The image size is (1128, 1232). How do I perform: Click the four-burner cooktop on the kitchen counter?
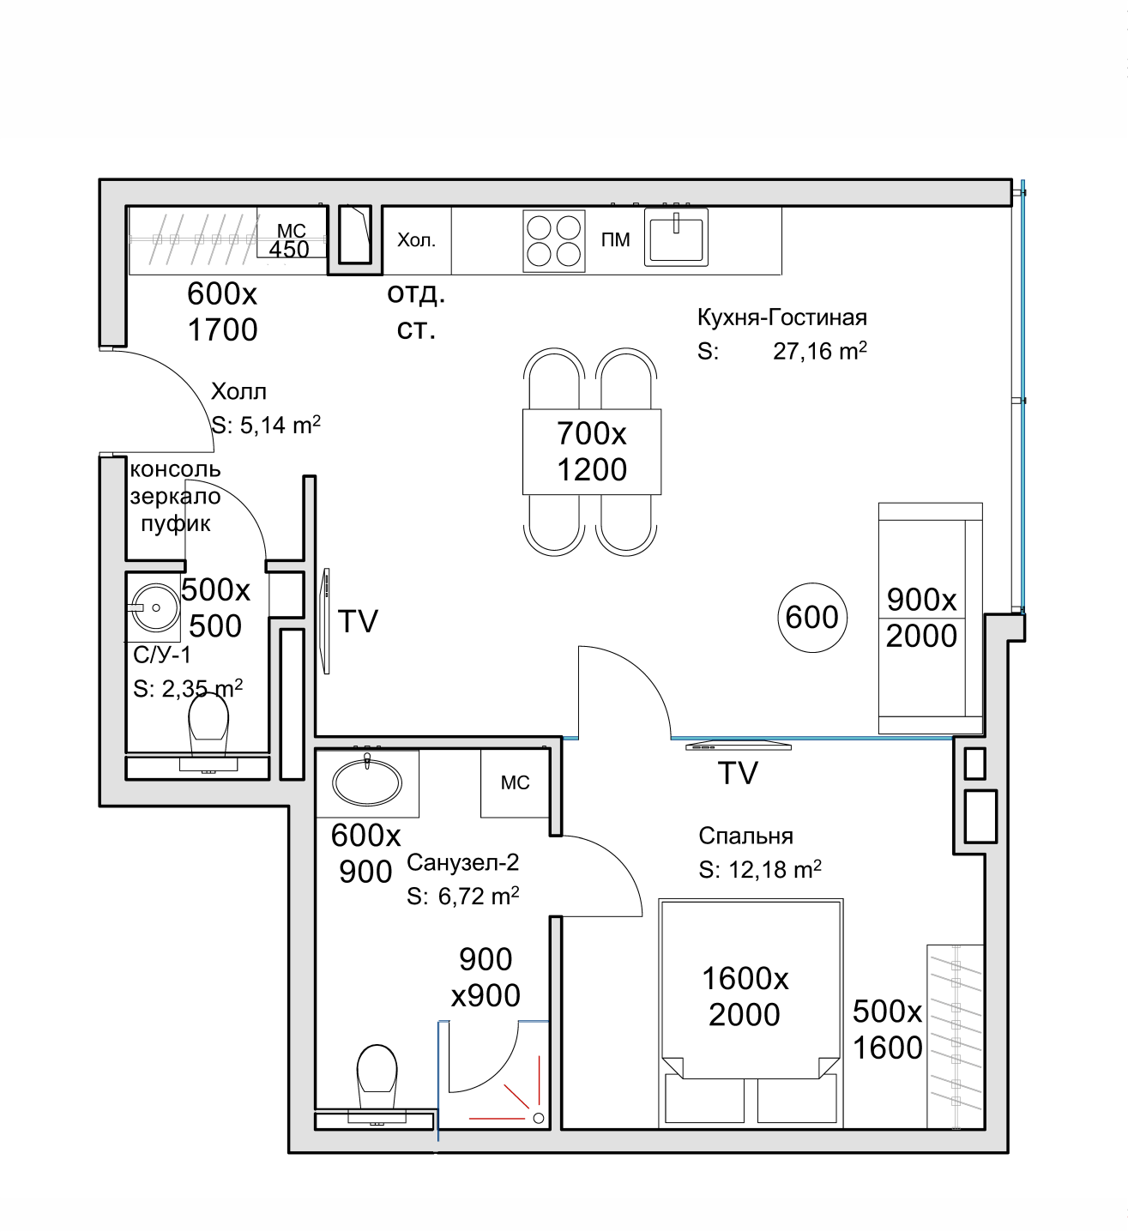[554, 239]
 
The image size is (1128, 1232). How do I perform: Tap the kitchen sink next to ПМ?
[677, 237]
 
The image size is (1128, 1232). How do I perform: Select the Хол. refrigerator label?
[416, 240]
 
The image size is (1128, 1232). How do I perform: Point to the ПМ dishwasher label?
[615, 240]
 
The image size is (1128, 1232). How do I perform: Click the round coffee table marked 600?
[811, 617]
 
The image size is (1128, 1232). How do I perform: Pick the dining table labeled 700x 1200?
[592, 451]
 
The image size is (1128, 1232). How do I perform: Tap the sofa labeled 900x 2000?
[930, 618]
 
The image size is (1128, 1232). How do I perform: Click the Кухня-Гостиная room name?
[782, 317]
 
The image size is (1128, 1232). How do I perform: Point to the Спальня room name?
[745, 836]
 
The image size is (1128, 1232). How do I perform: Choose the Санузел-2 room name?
[463, 862]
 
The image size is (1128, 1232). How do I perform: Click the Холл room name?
[238, 392]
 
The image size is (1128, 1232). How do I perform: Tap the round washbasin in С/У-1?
[154, 607]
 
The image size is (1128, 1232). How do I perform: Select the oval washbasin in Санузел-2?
[366, 782]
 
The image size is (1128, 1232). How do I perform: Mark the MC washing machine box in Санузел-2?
[515, 782]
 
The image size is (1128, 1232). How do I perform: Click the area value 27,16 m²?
[819, 351]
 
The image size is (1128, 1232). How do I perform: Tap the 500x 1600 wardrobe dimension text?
[887, 1030]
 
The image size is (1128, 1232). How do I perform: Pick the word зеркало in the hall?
[175, 497]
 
